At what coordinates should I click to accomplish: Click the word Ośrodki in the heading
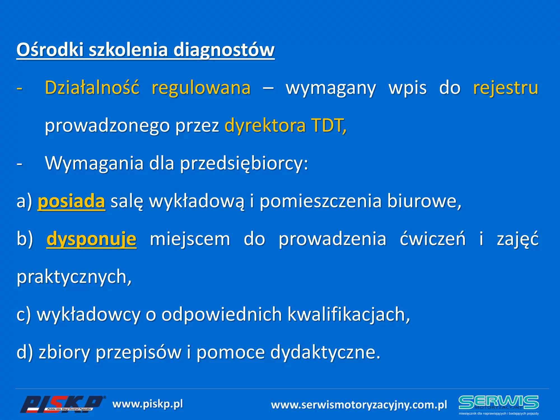pos(50,50)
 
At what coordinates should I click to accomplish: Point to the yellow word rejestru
pos(506,88)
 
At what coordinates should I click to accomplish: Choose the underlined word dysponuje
pos(92,240)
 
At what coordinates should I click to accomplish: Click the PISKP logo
pos(62,404)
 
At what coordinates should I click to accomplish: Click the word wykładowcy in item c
pos(88,315)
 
